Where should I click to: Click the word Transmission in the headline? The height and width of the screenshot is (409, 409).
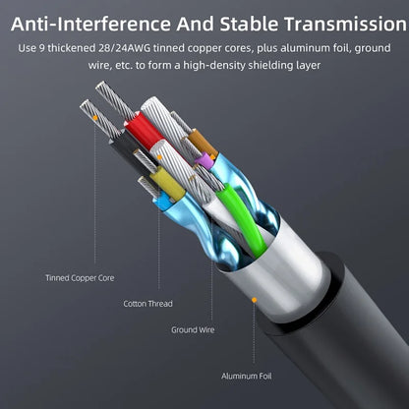[x=345, y=24]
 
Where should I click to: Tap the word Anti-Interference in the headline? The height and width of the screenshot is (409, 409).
[x=90, y=24]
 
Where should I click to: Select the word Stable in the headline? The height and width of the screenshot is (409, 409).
[x=249, y=24]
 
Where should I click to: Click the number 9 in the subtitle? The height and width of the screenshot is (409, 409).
[x=41, y=48]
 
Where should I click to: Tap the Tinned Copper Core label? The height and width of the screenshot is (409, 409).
[x=80, y=278]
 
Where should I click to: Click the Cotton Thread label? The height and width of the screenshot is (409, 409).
[x=147, y=304]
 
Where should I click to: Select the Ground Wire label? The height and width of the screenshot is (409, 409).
[x=193, y=329]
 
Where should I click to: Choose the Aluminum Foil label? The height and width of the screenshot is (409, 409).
[x=247, y=376]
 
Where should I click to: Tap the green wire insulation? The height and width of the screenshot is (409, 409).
[x=242, y=216]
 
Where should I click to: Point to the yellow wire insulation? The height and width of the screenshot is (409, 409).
[x=166, y=183]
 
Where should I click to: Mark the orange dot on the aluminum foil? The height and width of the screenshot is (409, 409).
[x=254, y=300]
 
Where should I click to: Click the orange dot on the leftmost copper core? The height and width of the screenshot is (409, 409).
[x=95, y=117]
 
